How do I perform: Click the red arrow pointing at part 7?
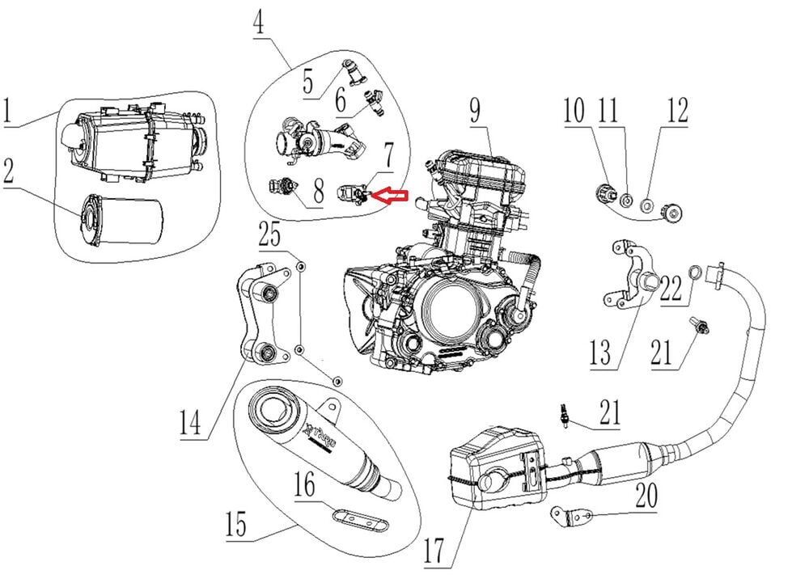(396, 196)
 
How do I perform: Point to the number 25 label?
(270, 238)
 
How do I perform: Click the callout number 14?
(190, 422)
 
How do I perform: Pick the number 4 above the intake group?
(258, 23)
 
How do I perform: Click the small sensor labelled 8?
(282, 187)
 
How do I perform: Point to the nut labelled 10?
(603, 193)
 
